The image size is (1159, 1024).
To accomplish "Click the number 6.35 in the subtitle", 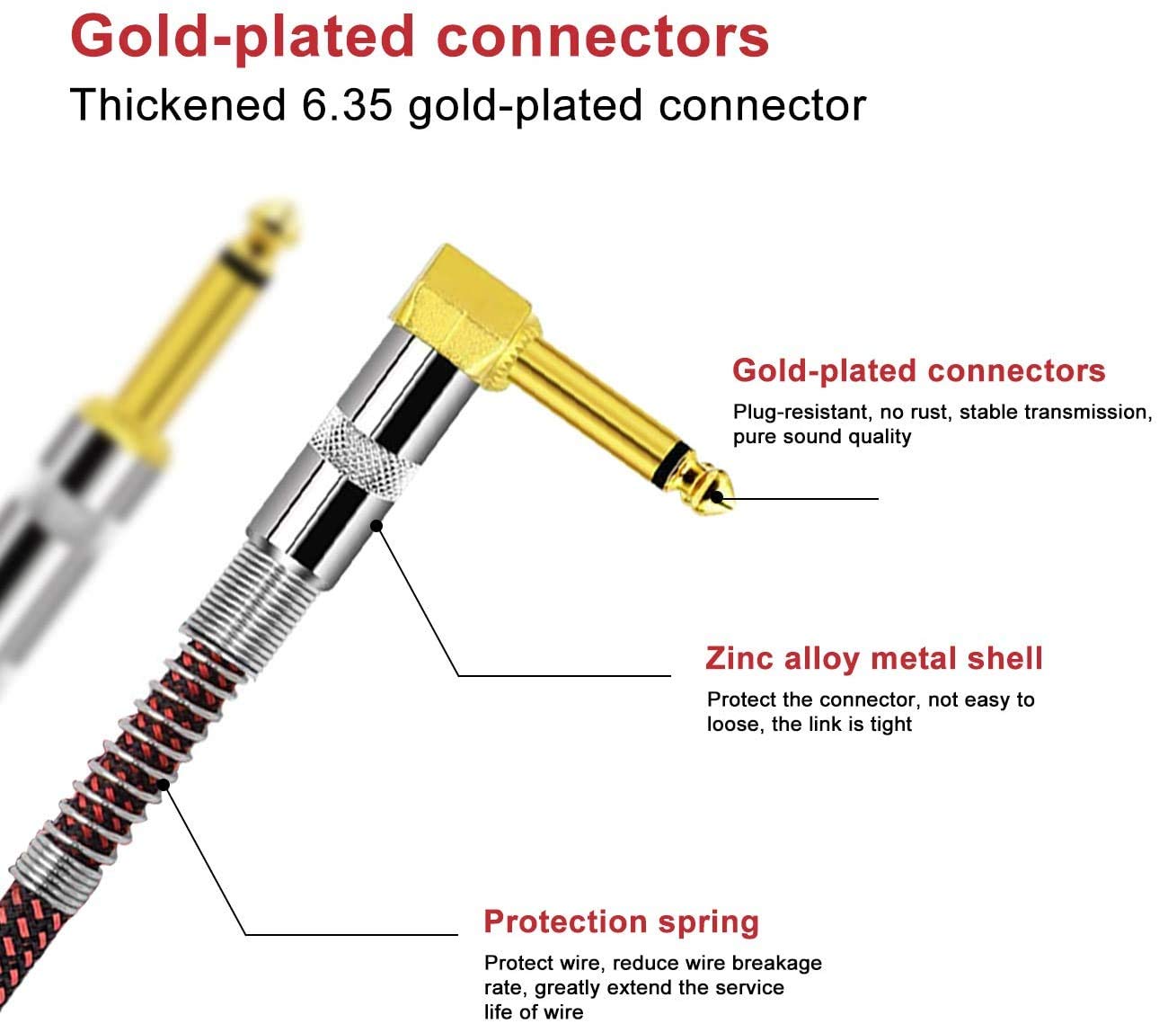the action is [347, 105].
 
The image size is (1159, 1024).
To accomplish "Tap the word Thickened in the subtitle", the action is [177, 105].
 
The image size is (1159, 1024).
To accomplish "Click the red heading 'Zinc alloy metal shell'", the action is [873, 658].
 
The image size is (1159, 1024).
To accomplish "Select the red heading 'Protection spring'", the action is [621, 922].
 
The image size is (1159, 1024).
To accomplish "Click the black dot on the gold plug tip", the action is [716, 497].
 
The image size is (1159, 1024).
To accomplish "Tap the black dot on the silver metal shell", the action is [376, 525].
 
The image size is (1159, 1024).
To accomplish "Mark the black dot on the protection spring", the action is [164, 784].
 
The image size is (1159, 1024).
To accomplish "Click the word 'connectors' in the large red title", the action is [602, 37].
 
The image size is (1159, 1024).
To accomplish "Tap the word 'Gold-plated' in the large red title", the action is [242, 38].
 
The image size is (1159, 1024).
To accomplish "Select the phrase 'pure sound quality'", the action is [822, 437].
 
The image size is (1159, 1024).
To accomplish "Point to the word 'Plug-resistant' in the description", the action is [800, 412].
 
